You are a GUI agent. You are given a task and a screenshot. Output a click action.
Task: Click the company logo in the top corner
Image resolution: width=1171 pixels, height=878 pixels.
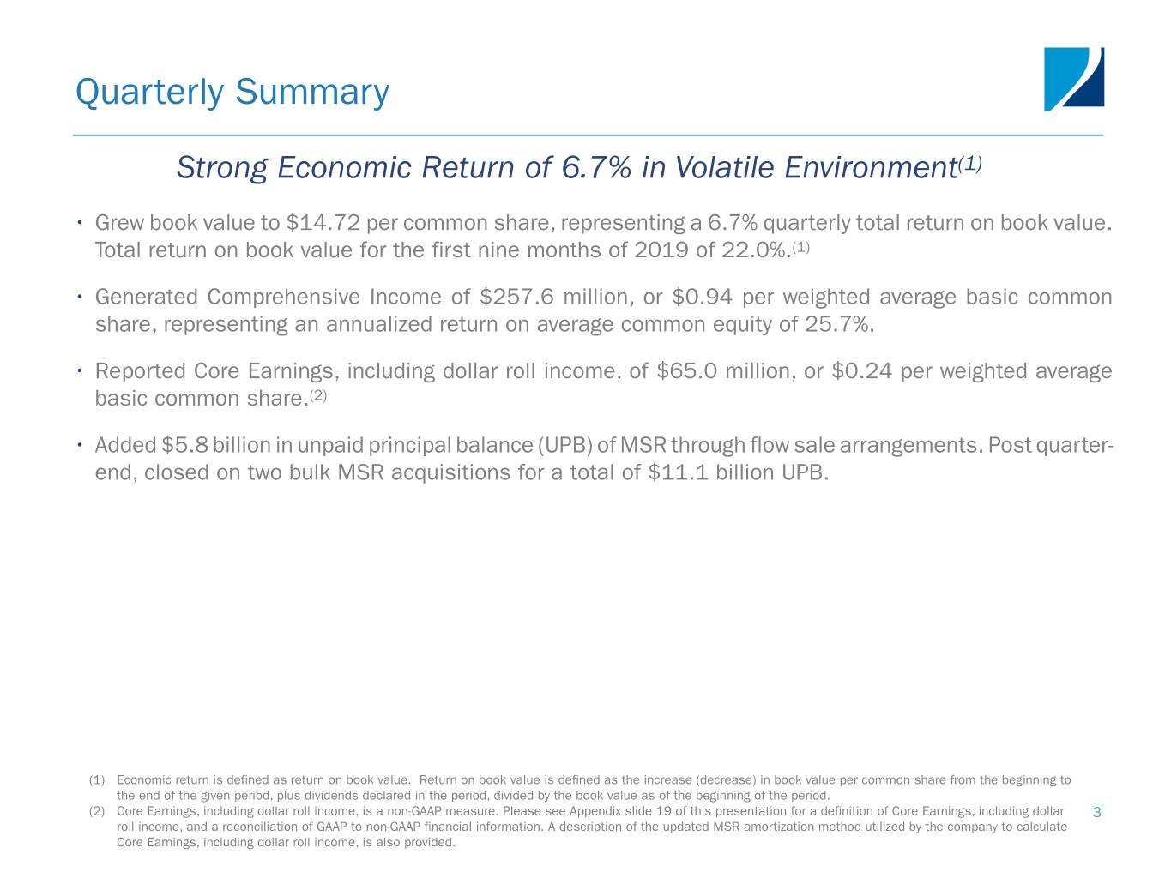point(1073,79)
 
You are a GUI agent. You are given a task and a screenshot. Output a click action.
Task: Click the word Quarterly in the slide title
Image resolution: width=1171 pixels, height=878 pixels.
point(149,93)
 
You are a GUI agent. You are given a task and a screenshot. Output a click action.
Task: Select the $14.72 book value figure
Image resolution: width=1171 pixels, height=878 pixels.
point(323,223)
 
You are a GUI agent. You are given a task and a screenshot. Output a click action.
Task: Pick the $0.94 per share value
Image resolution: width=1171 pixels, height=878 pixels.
point(702,297)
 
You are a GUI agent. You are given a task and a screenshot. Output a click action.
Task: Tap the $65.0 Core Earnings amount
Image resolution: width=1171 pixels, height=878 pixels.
point(686,371)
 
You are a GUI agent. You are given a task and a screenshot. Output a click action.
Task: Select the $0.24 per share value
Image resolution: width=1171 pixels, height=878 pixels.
point(861,371)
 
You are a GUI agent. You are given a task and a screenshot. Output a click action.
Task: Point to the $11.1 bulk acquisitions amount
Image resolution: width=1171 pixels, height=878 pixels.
point(679,472)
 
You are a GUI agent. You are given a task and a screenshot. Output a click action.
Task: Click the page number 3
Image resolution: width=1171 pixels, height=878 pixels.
point(1097,813)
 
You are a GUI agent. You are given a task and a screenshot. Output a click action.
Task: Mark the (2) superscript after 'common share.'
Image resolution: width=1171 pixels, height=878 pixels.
point(318,395)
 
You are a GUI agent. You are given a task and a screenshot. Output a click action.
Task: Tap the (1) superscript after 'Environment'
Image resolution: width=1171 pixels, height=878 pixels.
point(970,163)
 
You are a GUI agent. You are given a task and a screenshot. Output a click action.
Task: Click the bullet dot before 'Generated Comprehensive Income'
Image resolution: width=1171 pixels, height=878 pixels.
point(80,296)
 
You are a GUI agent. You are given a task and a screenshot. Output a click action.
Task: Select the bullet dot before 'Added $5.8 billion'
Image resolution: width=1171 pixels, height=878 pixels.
point(80,444)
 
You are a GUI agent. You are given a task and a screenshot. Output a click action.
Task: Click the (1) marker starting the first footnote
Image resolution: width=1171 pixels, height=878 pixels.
point(97,780)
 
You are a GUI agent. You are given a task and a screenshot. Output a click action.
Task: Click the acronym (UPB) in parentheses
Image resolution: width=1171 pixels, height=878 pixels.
point(565,446)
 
